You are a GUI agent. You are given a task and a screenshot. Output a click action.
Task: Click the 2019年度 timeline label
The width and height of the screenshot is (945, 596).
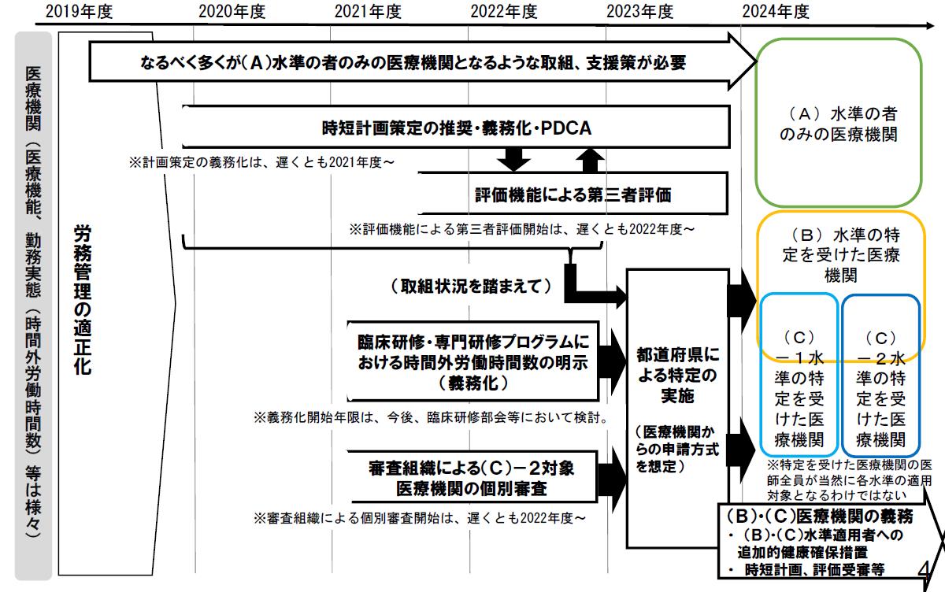click(80, 12)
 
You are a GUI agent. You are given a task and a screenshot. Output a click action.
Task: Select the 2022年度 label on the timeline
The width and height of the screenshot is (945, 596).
click(504, 12)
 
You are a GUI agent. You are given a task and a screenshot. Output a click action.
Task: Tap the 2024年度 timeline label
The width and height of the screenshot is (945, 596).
click(776, 12)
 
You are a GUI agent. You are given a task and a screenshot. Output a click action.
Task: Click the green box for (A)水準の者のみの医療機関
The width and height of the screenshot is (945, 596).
click(755, 122)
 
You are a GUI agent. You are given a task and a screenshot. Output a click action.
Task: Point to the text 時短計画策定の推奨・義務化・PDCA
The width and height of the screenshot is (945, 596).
click(457, 128)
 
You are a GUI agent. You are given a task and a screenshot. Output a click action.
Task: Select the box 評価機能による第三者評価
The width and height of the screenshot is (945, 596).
click(573, 194)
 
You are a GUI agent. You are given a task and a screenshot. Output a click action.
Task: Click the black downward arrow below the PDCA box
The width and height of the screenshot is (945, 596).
click(513, 159)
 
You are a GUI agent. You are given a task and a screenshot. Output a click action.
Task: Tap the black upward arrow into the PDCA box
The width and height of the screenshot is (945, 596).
click(590, 161)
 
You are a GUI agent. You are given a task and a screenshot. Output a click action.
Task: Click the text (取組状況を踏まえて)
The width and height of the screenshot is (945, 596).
click(471, 287)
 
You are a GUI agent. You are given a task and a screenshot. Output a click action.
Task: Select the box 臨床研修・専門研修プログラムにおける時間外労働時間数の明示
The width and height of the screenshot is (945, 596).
click(472, 361)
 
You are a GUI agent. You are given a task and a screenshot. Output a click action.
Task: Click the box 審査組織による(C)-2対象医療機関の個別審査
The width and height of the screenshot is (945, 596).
click(472, 477)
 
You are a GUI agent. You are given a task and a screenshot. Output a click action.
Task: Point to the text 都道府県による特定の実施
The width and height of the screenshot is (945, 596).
click(677, 375)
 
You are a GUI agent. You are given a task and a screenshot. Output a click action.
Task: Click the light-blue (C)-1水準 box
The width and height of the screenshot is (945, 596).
click(761, 375)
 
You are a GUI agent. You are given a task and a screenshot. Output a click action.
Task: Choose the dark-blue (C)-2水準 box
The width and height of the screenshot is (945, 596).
click(843, 376)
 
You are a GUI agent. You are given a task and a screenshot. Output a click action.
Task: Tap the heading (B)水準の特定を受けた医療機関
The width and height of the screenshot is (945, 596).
click(841, 255)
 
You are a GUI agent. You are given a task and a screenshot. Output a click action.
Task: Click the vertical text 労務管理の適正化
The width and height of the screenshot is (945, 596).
click(83, 299)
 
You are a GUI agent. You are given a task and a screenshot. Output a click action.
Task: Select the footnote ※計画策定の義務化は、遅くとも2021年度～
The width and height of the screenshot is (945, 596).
click(261, 162)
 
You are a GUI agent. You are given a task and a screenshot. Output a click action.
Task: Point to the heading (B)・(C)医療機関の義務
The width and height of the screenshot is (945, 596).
click(819, 516)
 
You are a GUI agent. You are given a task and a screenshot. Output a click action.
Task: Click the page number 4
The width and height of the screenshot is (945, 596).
click(924, 571)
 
